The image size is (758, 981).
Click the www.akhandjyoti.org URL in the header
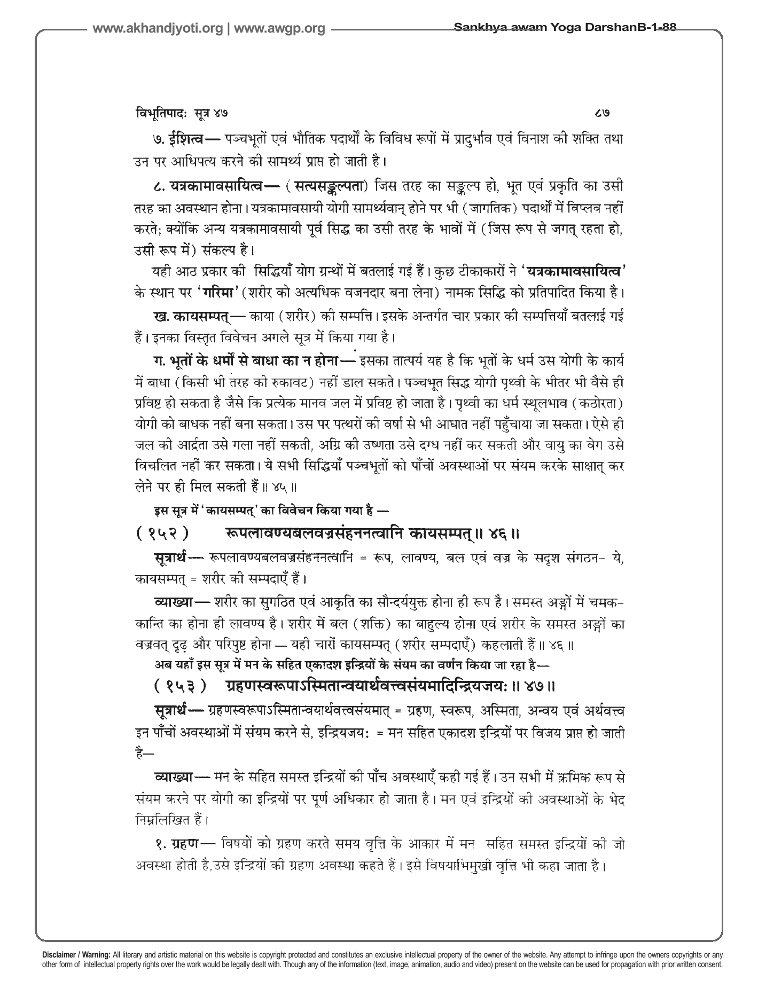158,29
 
